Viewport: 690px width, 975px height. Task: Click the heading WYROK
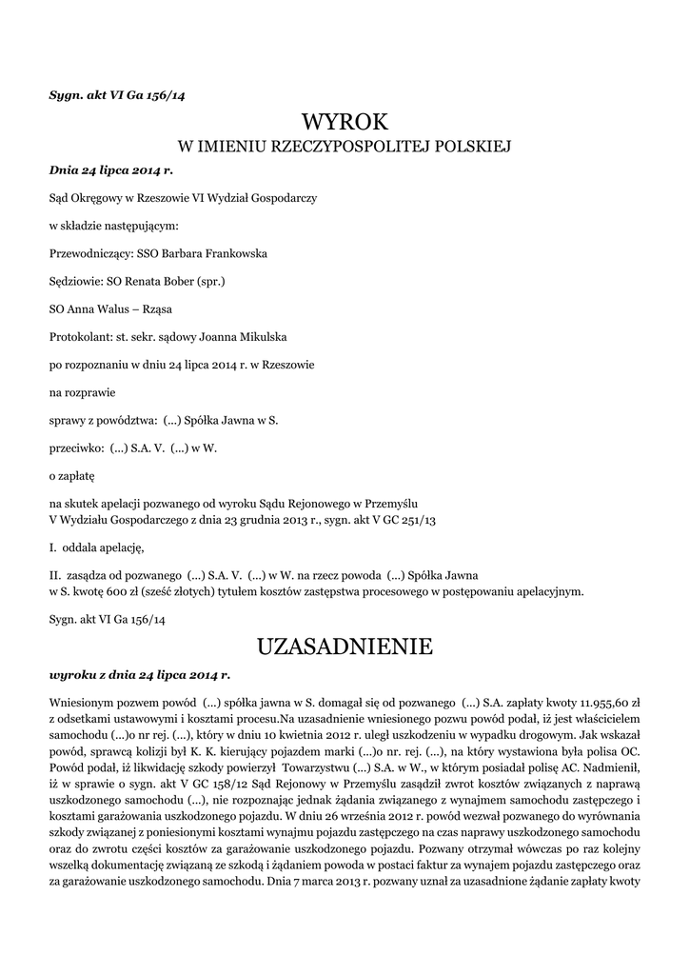(x=345, y=121)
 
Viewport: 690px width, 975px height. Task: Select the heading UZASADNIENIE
(x=345, y=647)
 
